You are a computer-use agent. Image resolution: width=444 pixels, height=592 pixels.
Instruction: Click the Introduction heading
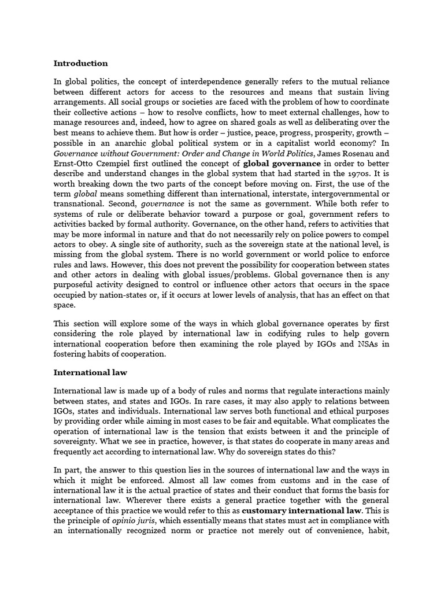click(80, 63)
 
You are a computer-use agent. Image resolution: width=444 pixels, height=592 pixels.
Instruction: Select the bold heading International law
click(90, 373)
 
